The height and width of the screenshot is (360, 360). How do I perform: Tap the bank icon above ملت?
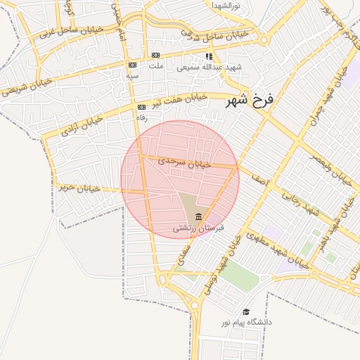tap(155, 55)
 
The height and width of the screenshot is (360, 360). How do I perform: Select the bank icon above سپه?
tap(131, 65)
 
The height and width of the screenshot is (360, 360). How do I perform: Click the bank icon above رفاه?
tap(141, 107)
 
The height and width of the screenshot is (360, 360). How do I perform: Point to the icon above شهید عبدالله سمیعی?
tap(209, 56)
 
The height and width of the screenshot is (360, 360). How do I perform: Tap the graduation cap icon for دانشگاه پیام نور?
tap(246, 311)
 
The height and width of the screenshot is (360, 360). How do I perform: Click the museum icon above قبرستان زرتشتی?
tap(199, 216)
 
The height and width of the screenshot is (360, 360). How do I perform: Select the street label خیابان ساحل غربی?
tap(70, 31)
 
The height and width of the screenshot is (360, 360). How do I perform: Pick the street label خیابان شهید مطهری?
tap(275, 250)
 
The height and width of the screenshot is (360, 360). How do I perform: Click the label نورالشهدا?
tap(226, 5)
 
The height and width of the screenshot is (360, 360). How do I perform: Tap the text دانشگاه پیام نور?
tap(246, 322)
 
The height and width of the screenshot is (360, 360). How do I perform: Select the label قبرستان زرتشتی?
tap(199, 228)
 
